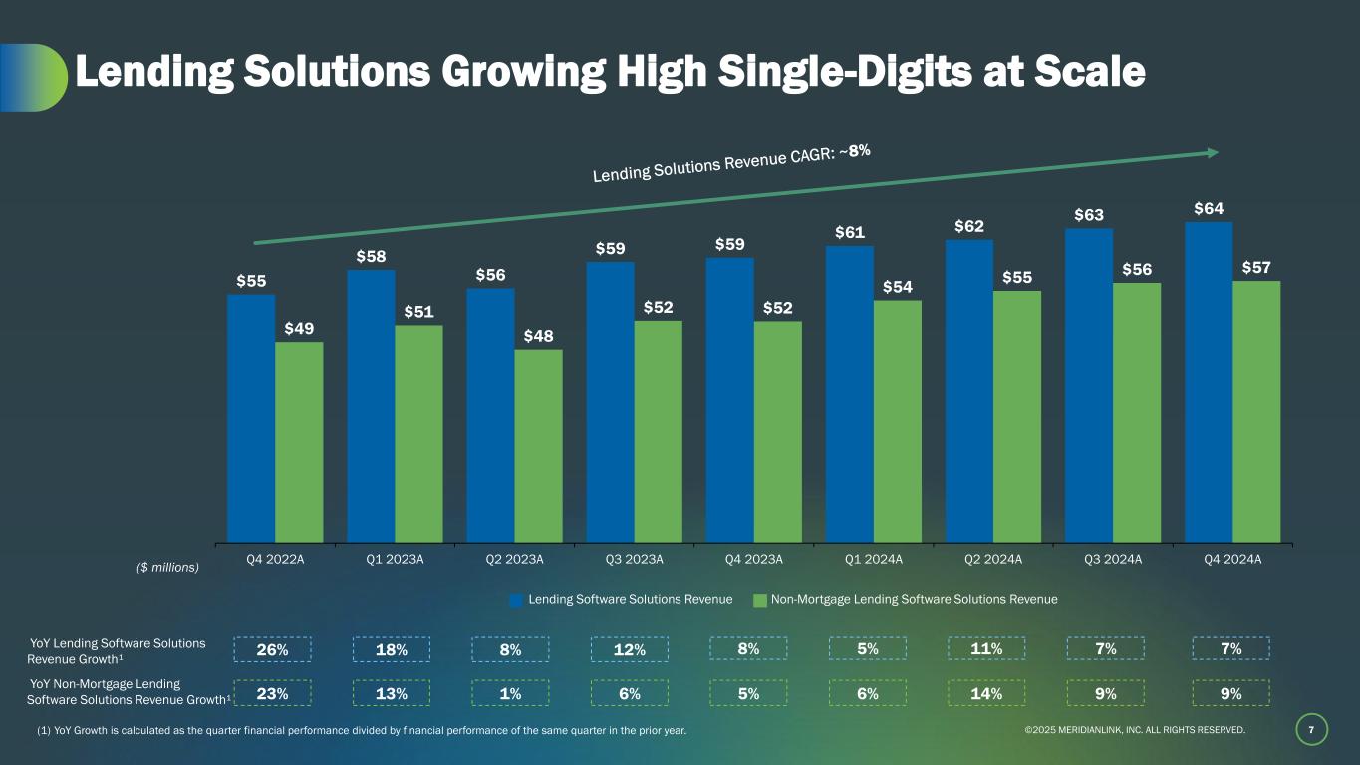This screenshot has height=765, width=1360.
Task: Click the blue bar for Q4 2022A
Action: click(251, 417)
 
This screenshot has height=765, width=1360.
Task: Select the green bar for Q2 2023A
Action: click(538, 445)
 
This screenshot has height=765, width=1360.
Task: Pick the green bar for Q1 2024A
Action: click(897, 421)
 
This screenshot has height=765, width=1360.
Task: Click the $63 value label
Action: click(1089, 214)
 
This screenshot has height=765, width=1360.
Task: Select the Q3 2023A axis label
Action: click(634, 559)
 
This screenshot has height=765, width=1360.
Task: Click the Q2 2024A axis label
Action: click(992, 559)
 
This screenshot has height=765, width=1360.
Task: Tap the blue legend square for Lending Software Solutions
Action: click(516, 600)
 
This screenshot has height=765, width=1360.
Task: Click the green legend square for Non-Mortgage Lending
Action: click(759, 600)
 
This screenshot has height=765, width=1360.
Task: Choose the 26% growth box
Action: click(272, 649)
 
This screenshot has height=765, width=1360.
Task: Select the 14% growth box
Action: click(986, 693)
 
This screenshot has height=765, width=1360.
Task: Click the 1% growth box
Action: click(511, 693)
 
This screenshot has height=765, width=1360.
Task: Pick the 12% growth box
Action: click(630, 649)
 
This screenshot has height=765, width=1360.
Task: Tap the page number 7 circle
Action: click(1311, 731)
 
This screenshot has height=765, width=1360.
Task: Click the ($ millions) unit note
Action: click(167, 568)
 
